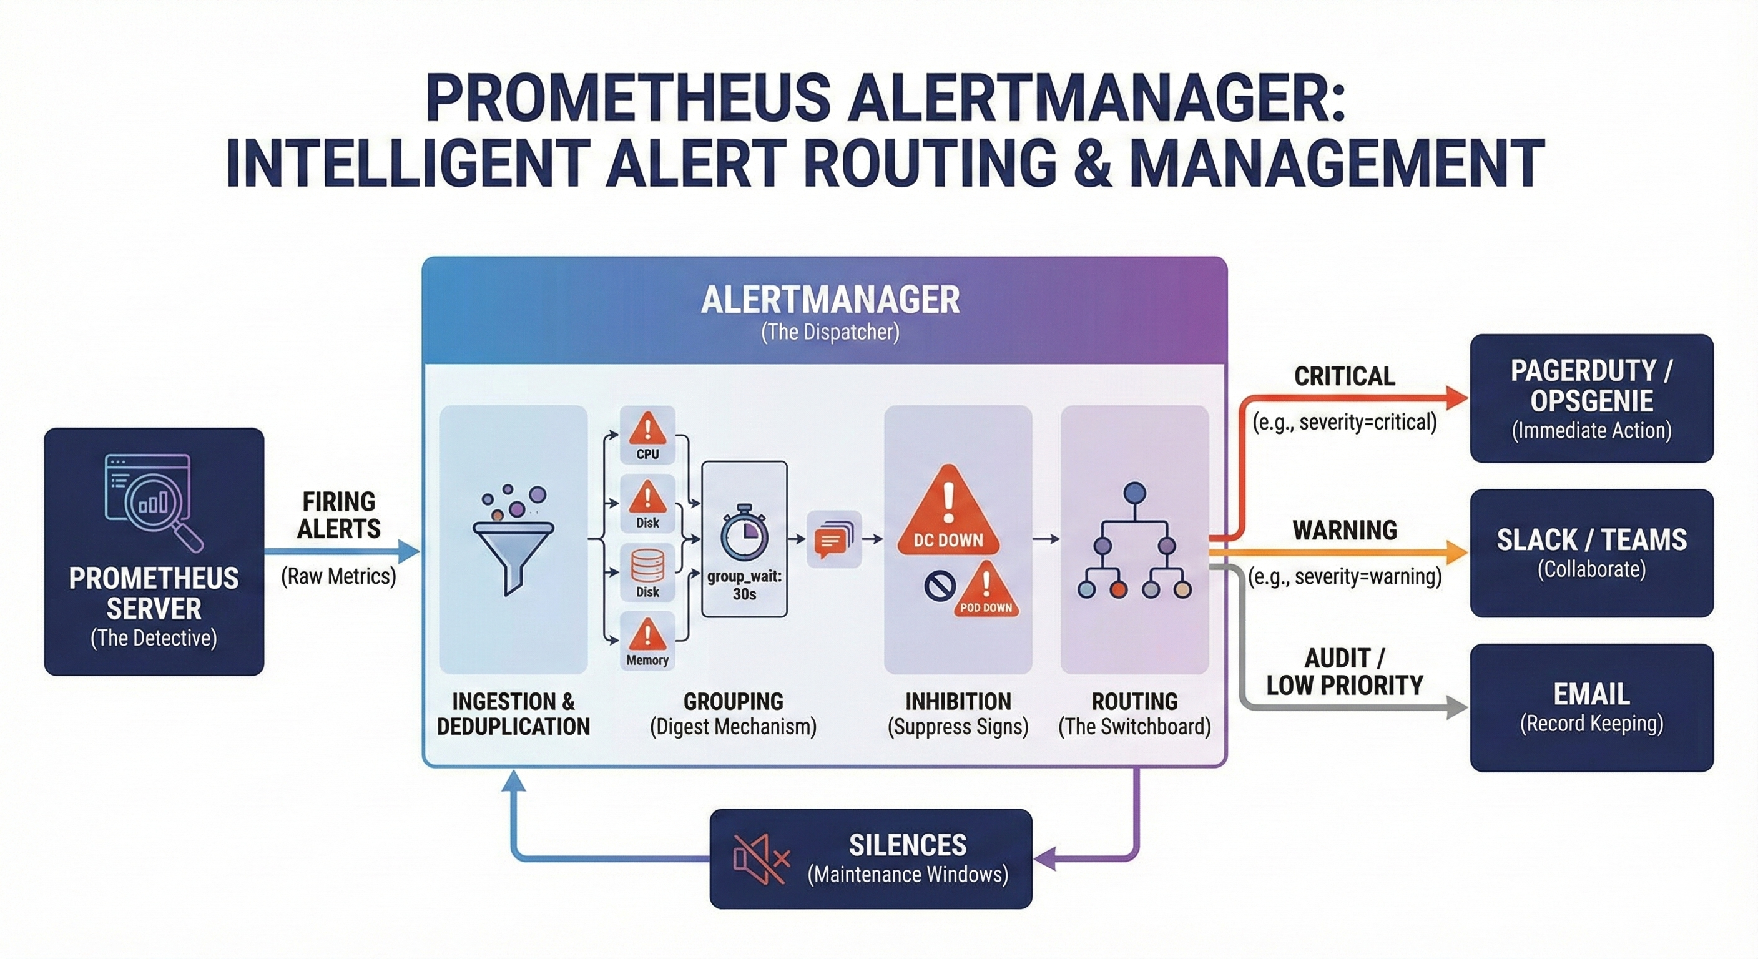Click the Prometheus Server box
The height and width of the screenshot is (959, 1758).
pos(154,551)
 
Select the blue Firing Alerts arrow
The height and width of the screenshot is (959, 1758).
pos(341,551)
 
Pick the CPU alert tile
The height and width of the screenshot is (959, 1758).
pos(647,435)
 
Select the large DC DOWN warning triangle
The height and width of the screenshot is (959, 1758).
pos(948,512)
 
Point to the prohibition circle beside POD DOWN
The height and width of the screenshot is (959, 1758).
pos(939,586)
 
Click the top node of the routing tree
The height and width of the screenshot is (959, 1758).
pos(1134,492)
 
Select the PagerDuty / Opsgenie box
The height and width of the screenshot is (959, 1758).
pos(1591,398)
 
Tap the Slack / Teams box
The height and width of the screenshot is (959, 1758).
pos(1591,553)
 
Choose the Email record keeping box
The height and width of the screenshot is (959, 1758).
pos(1591,707)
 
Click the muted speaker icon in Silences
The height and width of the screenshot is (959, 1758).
pos(760,858)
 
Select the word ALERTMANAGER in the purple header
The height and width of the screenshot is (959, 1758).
pos(830,300)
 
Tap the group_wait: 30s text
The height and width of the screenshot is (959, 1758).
pos(744,585)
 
